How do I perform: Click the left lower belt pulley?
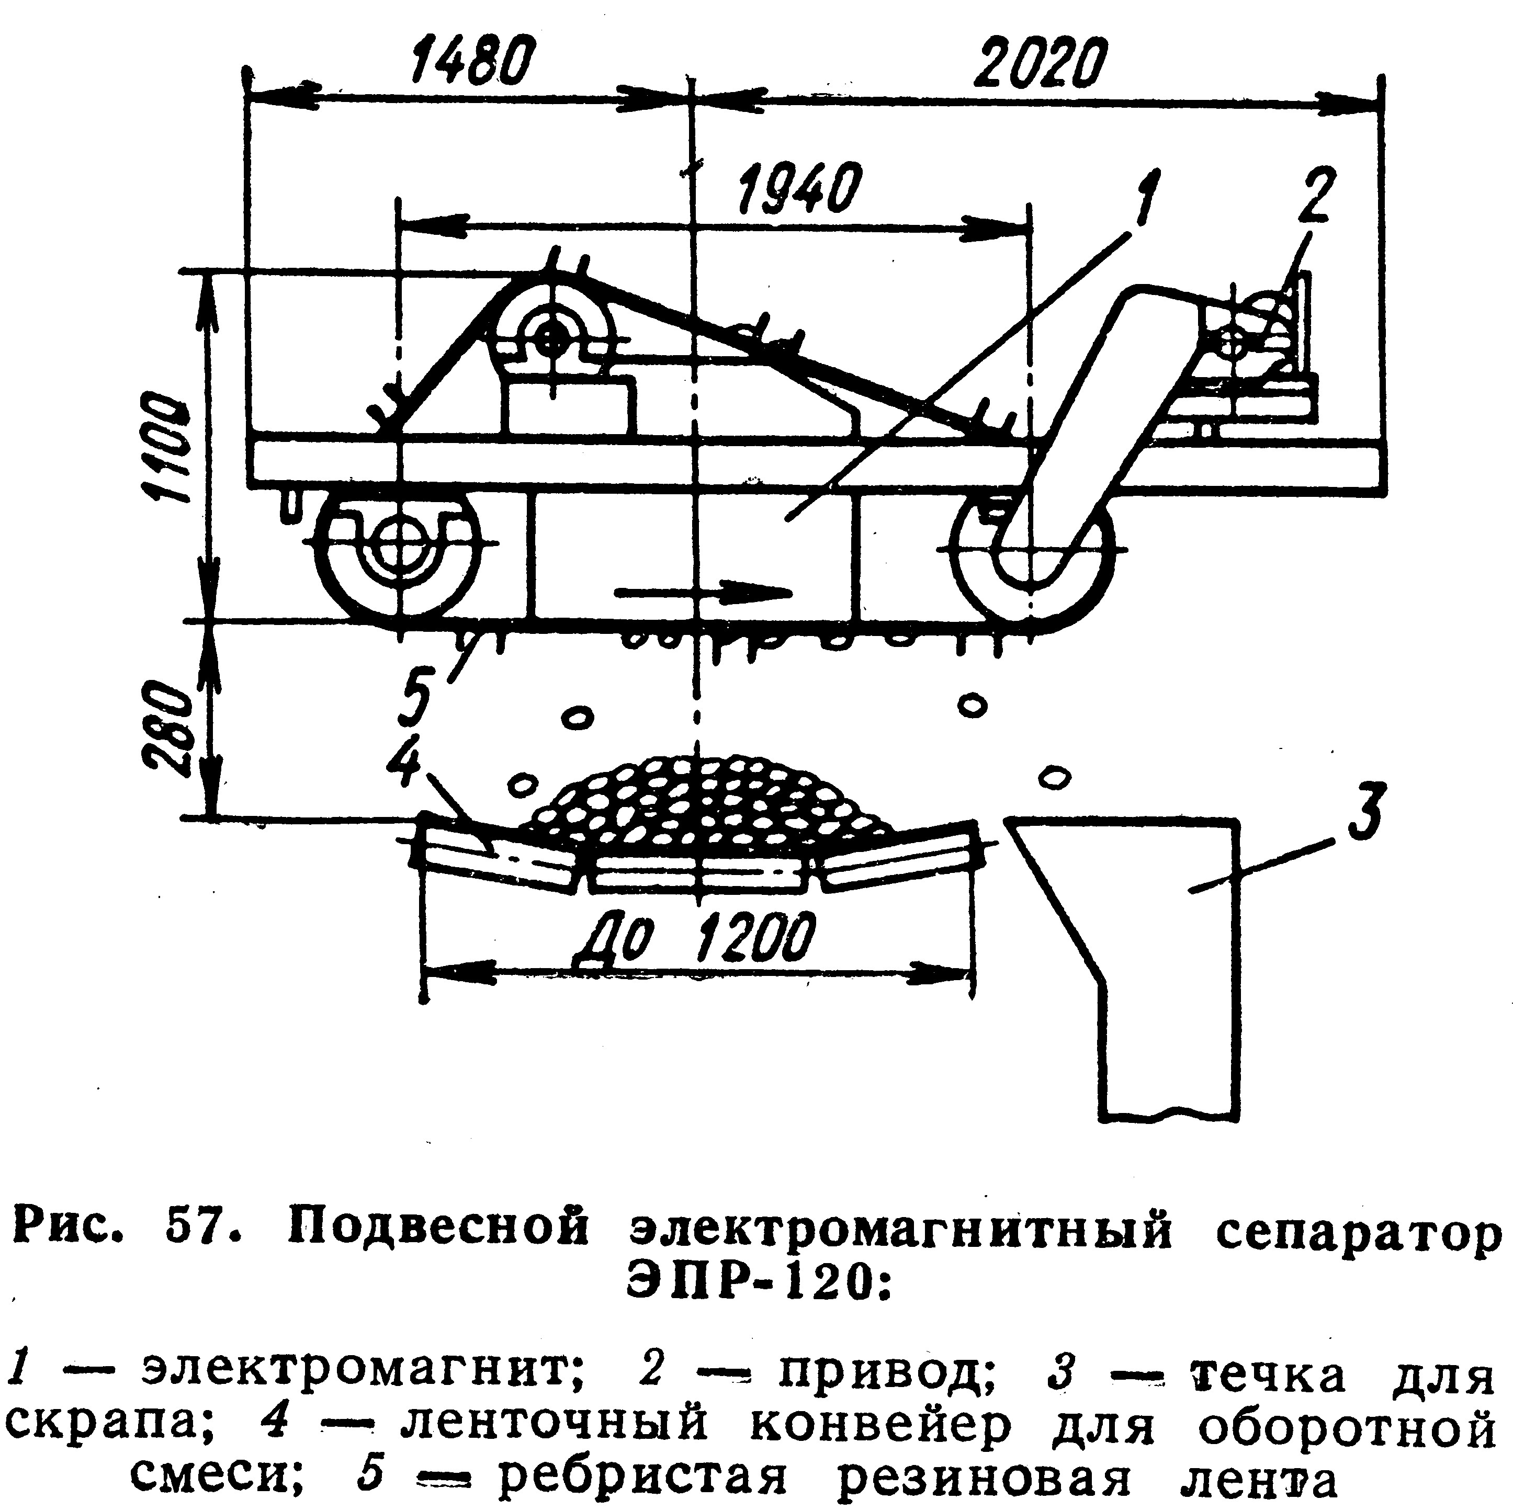pos(399,548)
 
